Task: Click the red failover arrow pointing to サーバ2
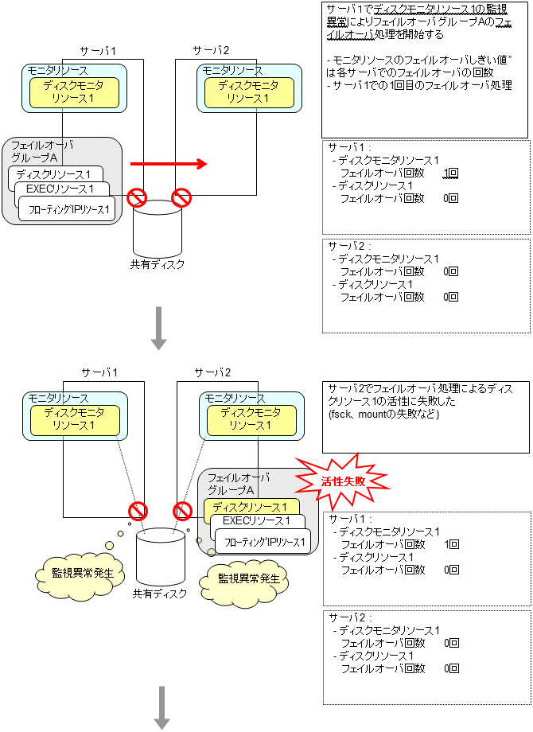(x=168, y=164)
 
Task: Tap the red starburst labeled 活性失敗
(x=343, y=481)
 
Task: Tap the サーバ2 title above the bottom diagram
(x=212, y=372)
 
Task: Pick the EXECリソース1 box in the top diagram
(x=60, y=189)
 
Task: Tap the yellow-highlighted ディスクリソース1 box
(x=251, y=508)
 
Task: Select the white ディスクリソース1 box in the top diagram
(x=54, y=173)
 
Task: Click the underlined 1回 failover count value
(x=450, y=173)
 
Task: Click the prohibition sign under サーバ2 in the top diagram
(x=182, y=196)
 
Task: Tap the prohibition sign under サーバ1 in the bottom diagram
(x=138, y=510)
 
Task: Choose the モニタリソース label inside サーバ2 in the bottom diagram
(x=234, y=398)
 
